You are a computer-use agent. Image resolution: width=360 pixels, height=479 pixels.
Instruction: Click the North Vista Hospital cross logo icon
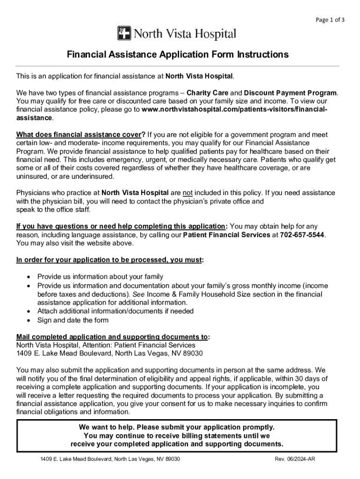(124, 34)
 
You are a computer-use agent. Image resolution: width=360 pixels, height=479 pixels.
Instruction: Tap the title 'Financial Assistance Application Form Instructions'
(177, 55)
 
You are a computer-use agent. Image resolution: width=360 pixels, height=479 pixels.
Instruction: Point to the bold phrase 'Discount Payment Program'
(290, 93)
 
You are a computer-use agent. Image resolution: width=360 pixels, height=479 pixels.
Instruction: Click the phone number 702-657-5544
(302, 235)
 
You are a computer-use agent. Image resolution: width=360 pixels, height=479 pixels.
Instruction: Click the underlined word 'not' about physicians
(187, 193)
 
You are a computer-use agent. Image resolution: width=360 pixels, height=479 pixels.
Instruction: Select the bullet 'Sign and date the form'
(72, 320)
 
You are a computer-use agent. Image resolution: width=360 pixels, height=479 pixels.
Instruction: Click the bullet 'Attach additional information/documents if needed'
(115, 311)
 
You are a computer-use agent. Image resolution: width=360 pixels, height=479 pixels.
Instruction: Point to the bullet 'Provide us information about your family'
(100, 277)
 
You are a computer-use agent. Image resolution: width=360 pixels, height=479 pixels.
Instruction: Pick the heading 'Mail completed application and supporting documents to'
(112, 337)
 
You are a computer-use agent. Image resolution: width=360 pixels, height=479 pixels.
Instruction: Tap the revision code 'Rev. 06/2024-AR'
(295, 459)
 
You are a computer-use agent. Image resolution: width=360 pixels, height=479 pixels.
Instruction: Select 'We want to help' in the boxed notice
(104, 428)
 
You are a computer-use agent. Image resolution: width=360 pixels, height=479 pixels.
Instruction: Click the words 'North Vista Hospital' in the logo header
(185, 34)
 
